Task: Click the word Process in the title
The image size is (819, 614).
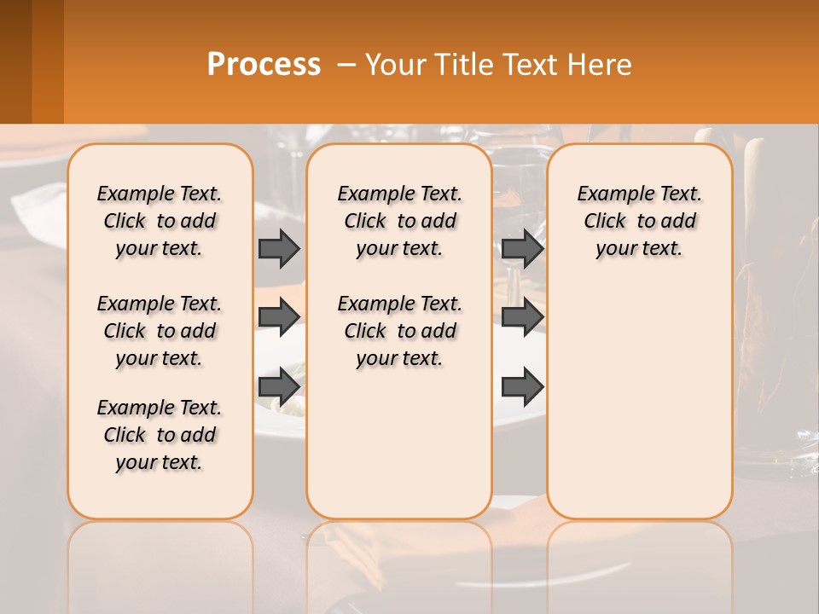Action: (x=264, y=64)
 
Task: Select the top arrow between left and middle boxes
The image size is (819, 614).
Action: (x=279, y=248)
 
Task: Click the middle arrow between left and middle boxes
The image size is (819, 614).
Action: (x=279, y=317)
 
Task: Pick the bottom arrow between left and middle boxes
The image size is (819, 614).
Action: (x=279, y=387)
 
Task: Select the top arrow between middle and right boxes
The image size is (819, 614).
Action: (x=522, y=248)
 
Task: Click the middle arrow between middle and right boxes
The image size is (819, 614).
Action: (x=522, y=317)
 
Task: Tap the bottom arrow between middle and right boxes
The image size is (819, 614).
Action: (x=522, y=387)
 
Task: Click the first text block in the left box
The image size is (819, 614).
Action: (x=160, y=221)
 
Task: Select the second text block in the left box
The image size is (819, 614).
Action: (x=160, y=331)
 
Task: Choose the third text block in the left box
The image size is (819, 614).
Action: (x=160, y=435)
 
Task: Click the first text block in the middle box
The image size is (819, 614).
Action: (x=399, y=221)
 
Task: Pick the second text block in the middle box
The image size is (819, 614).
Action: (x=399, y=331)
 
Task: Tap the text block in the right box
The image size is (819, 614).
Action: (x=639, y=221)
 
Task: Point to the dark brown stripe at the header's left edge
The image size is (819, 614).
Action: (x=15, y=61)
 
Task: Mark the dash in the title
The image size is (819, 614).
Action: (x=346, y=65)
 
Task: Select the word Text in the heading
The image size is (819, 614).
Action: (x=531, y=64)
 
